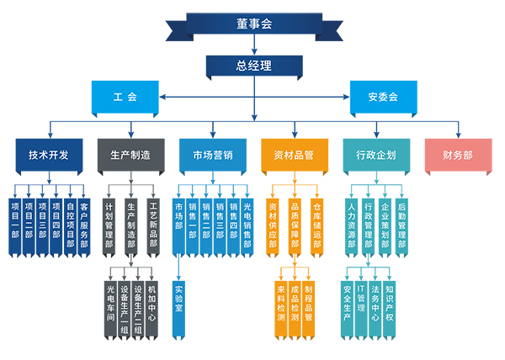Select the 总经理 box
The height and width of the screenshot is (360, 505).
(x=253, y=66)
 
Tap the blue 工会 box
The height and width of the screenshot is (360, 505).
(x=125, y=97)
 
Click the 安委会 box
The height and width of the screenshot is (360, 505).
(x=382, y=97)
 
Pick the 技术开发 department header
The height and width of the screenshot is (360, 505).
(x=48, y=155)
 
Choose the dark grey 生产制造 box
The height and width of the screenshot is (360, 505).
(x=130, y=155)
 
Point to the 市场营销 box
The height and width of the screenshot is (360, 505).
(x=212, y=155)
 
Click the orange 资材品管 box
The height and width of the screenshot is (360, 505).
(x=294, y=155)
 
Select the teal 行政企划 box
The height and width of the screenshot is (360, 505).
(x=376, y=155)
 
